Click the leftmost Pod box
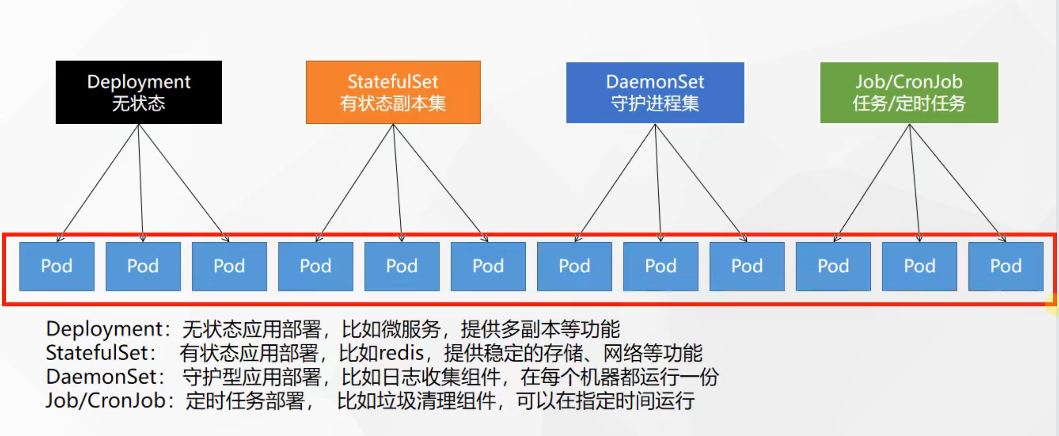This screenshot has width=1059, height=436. (x=57, y=266)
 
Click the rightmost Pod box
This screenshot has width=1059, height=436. (x=1006, y=266)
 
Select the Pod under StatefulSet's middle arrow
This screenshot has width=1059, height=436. (x=402, y=266)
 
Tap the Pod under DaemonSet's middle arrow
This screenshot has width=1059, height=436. (x=660, y=266)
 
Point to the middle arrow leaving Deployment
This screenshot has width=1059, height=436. (x=140, y=181)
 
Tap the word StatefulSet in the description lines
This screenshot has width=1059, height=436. (x=97, y=353)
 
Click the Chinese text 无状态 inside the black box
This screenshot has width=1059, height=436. (x=139, y=104)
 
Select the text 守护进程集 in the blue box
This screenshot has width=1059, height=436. (x=655, y=104)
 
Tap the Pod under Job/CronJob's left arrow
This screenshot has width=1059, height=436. (x=833, y=266)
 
